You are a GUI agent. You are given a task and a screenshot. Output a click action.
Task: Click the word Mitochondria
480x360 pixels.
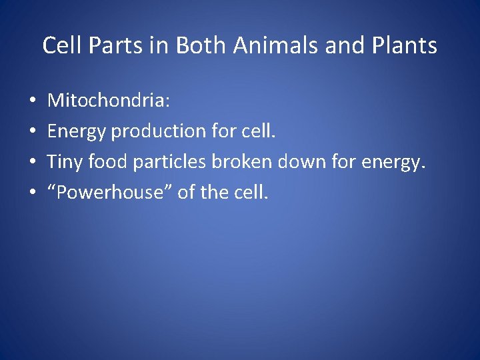(109, 101)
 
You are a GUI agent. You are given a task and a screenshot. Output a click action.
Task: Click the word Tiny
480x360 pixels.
(64, 162)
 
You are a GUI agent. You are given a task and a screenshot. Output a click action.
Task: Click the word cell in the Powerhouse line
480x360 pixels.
(249, 193)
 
